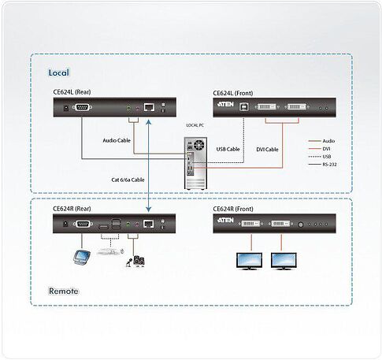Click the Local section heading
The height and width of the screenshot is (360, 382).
59,72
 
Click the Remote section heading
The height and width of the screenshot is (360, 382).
64,291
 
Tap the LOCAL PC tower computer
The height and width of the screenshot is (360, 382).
195,163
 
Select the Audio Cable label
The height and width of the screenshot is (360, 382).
117,140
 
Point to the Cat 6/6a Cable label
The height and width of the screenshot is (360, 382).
128,180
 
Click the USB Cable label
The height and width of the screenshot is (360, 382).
228,149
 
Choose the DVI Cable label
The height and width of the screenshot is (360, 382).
267,150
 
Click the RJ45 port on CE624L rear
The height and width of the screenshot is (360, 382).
149,107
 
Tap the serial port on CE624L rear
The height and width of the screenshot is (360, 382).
82,107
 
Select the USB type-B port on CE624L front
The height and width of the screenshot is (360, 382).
243,106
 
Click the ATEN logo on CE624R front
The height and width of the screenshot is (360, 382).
225,220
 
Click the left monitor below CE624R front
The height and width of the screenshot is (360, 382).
249,261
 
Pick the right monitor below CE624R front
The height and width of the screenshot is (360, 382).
284,261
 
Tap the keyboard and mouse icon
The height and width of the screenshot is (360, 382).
110,252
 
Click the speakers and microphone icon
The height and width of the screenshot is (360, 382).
135,262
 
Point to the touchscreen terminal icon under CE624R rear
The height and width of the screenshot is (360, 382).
82,257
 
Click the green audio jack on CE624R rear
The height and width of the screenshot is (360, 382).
128,224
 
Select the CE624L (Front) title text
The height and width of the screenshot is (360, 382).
233,93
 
